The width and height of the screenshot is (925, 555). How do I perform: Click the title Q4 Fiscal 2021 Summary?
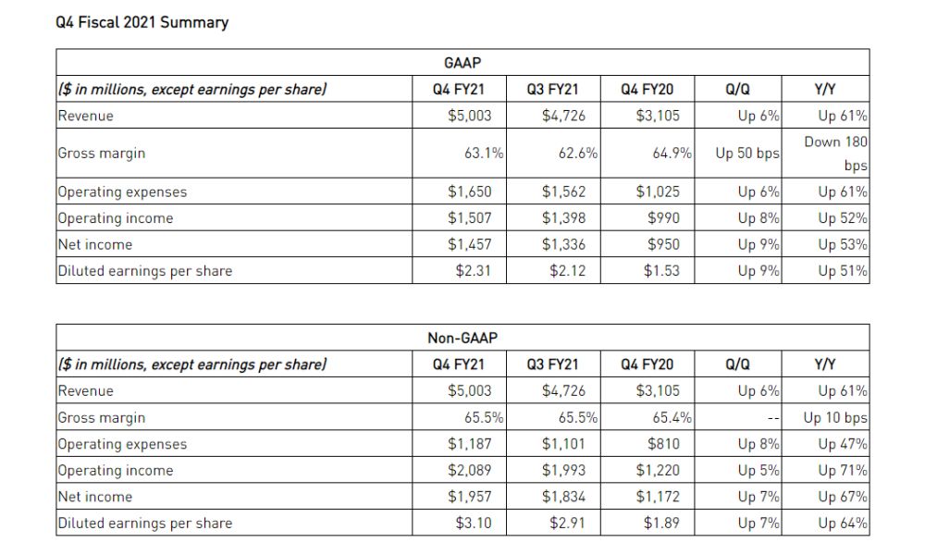pos(142,23)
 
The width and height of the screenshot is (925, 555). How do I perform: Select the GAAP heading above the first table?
pos(462,63)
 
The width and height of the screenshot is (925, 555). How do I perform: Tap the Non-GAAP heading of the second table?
pos(462,339)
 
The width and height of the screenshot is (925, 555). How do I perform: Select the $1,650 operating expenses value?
pos(469,192)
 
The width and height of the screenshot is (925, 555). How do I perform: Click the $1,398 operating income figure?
pos(562,218)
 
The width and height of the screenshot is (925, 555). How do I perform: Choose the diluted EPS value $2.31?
pos(474,271)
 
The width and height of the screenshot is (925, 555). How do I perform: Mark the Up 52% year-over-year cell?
pos(842,218)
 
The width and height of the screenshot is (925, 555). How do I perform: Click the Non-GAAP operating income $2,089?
pos(469,470)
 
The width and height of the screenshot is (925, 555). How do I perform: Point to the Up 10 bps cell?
pos(835,417)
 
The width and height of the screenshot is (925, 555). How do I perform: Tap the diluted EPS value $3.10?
pos(474,523)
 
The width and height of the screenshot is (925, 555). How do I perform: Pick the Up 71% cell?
pos(842,470)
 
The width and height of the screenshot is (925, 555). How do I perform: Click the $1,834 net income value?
pos(562,497)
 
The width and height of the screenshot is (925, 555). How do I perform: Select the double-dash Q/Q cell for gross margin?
pos(771,418)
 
